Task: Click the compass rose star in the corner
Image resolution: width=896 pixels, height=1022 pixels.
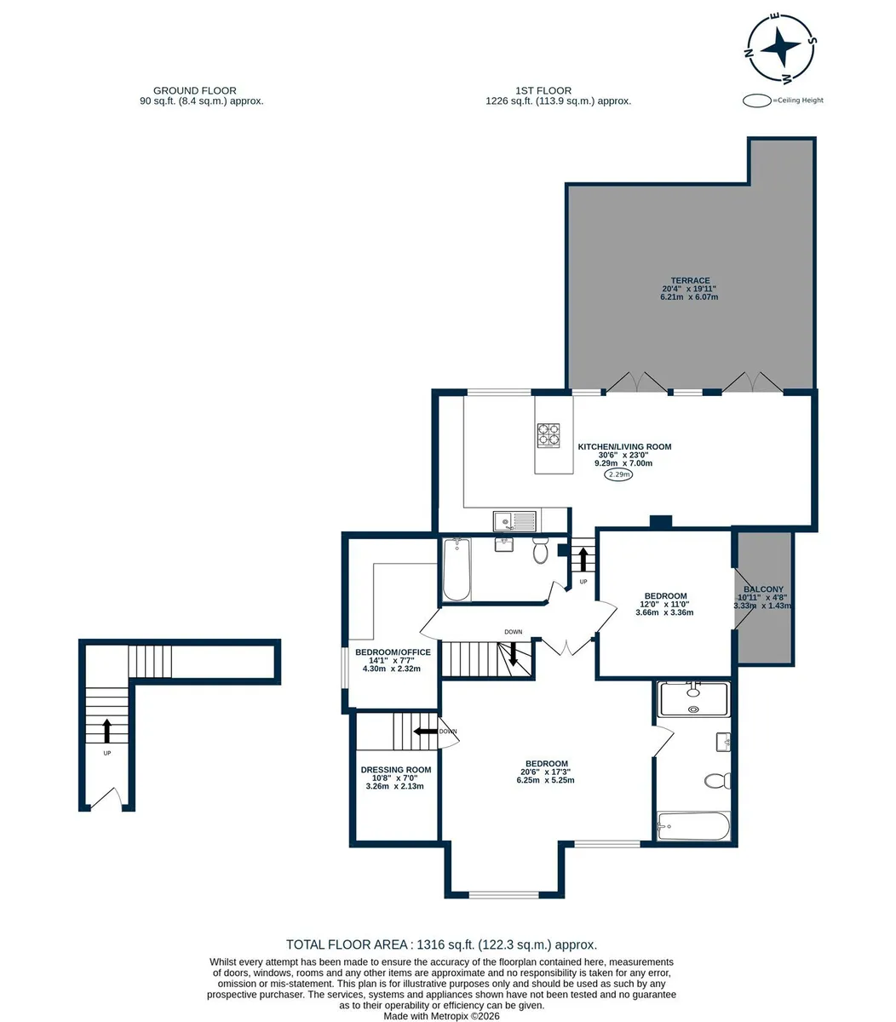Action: [x=780, y=47]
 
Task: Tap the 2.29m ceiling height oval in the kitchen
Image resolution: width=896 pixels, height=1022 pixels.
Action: [x=618, y=474]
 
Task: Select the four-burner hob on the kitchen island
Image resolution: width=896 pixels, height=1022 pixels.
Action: [x=548, y=435]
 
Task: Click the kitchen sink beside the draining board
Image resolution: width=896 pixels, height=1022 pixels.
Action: [x=503, y=520]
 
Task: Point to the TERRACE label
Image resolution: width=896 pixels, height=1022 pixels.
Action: [x=690, y=280]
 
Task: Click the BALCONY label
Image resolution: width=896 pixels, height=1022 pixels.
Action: [x=763, y=589]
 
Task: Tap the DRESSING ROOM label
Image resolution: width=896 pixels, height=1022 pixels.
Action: [x=395, y=770]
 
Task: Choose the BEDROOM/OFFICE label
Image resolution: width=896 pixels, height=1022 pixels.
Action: [x=393, y=652]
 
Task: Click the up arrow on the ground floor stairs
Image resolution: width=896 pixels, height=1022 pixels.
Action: [x=106, y=731]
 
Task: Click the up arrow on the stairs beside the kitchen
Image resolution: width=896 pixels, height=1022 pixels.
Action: [x=583, y=560]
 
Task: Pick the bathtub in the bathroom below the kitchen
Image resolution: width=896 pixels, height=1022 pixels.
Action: [x=457, y=570]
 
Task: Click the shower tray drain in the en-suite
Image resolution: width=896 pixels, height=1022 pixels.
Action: [x=693, y=709]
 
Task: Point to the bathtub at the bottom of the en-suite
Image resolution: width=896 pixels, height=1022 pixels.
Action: [x=693, y=826]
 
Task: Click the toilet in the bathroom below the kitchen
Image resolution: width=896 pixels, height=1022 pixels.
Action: [x=540, y=550]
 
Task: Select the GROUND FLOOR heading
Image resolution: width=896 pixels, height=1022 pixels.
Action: [x=195, y=91]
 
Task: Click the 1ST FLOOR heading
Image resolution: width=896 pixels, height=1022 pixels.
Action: [x=543, y=91]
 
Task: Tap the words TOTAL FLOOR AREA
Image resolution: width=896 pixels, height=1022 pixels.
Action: [x=347, y=944]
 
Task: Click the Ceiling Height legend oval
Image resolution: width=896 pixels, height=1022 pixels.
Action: [x=757, y=100]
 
